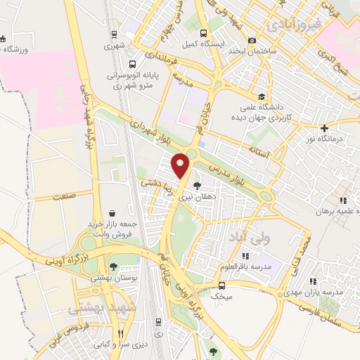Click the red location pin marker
tap(182, 165)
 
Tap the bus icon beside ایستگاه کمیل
tap(204, 32)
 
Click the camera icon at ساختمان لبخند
tap(251, 41)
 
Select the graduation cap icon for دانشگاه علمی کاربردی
tap(262, 97)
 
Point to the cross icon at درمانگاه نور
tap(324, 128)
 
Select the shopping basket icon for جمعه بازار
tap(112, 212)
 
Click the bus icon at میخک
tap(221, 285)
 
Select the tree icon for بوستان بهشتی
tap(112, 266)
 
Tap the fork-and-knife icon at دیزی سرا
tap(122, 333)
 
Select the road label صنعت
tap(63, 197)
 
